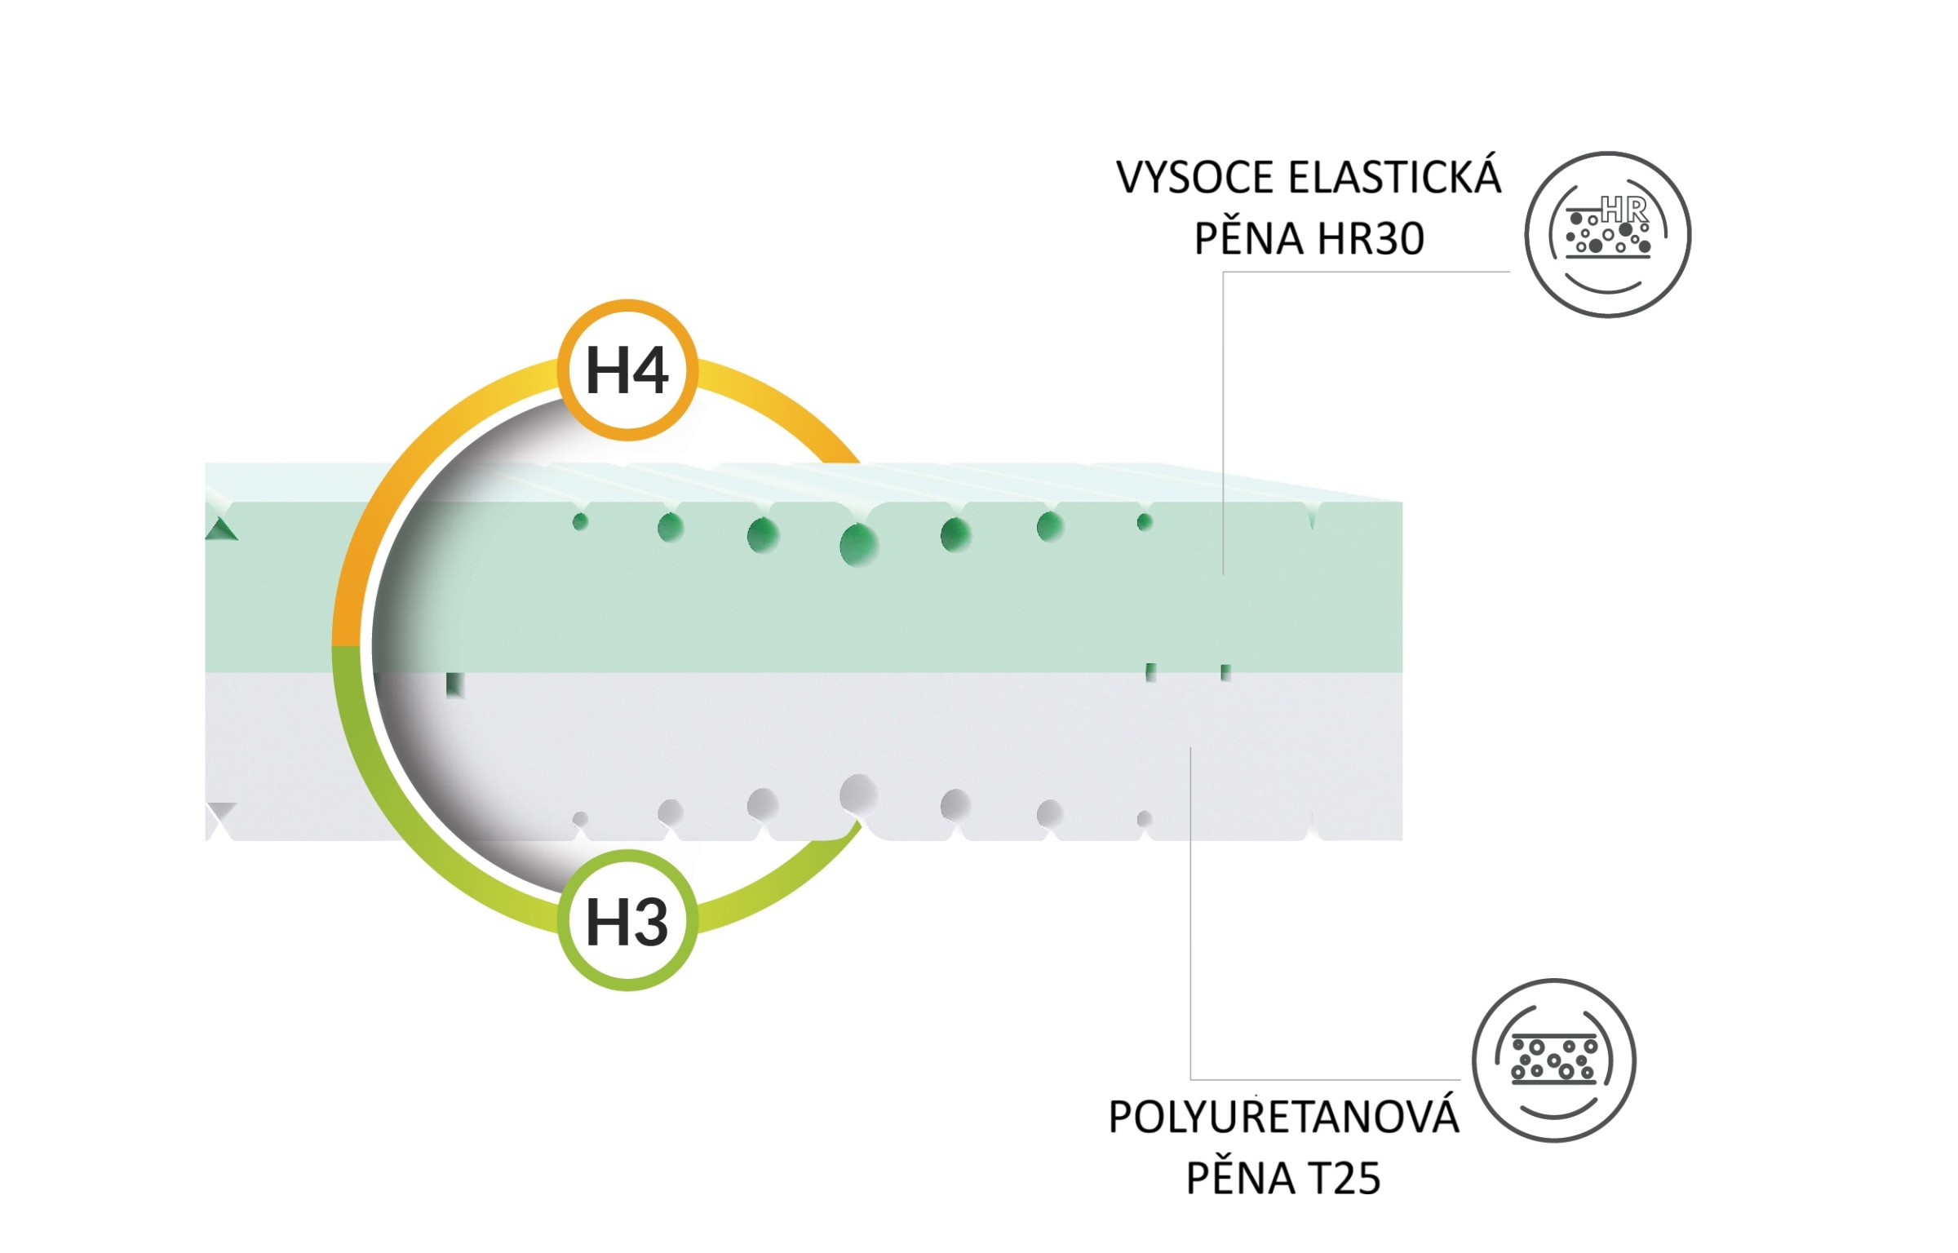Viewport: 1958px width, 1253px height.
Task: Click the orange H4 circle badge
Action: pos(627,370)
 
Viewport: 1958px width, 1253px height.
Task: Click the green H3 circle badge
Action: pos(627,920)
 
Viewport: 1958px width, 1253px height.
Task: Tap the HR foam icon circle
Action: pos(1607,234)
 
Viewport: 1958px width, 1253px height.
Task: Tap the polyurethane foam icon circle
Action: pos(1554,1060)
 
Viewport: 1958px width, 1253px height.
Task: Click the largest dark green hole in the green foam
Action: pos(859,544)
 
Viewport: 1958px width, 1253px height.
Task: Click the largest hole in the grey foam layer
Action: pos(858,794)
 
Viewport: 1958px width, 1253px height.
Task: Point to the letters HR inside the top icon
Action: pos(1624,210)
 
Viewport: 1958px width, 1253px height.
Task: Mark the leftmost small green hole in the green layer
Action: pos(580,521)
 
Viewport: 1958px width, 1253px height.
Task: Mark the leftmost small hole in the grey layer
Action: pos(580,819)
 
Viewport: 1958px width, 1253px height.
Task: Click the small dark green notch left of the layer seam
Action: pos(455,685)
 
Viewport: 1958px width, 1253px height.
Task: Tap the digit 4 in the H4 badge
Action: pos(649,370)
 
